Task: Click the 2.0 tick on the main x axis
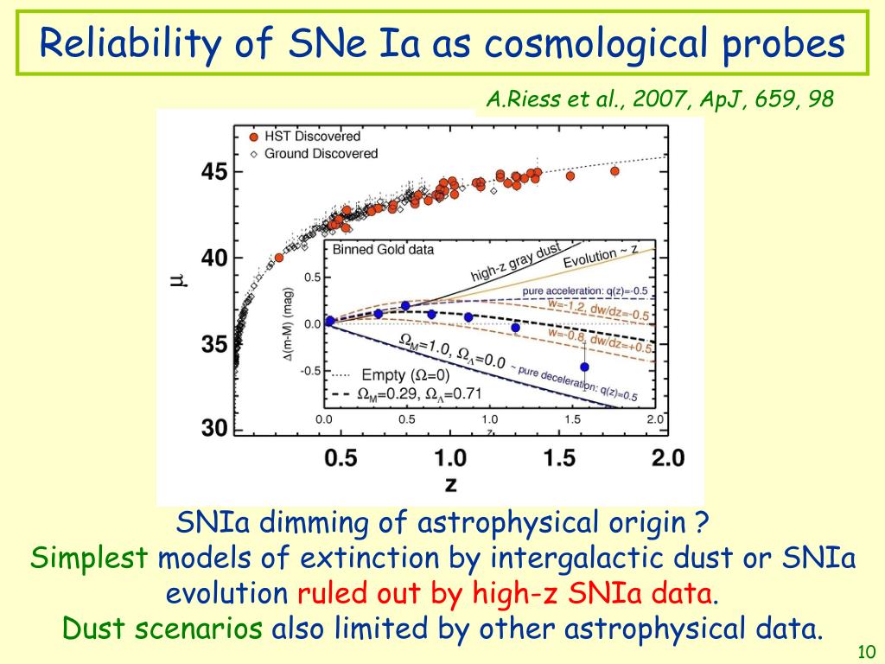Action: [666, 458]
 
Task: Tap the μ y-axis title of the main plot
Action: [178, 278]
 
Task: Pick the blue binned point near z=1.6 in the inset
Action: [584, 367]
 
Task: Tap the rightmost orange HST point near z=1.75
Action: [614, 171]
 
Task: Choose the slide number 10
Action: [866, 650]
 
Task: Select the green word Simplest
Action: [89, 559]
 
